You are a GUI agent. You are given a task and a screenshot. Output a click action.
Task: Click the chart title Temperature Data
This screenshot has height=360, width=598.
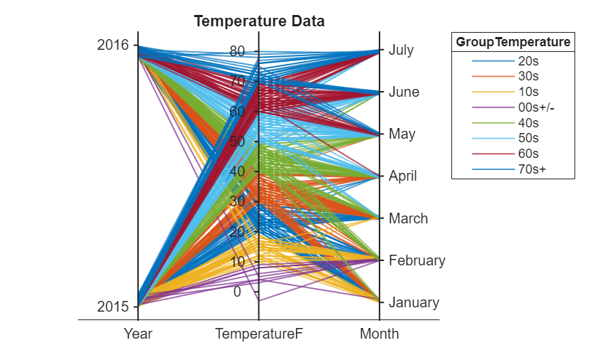259,21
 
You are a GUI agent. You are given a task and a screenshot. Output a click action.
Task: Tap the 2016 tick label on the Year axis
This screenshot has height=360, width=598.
112,45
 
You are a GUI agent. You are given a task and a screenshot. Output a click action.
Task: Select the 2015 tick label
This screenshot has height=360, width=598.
112,307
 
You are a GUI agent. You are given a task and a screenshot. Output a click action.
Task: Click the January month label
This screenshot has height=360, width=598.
414,302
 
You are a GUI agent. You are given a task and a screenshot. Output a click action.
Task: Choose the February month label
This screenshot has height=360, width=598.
416,260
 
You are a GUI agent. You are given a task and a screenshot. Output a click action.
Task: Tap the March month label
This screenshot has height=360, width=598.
408,218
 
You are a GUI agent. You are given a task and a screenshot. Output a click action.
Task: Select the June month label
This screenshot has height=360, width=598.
404,92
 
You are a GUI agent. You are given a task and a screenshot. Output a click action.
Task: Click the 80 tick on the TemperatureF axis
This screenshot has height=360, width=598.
237,51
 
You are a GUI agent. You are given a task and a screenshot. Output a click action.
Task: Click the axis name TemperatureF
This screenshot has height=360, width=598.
258,334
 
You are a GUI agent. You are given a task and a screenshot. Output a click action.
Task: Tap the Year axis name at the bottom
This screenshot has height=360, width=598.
138,334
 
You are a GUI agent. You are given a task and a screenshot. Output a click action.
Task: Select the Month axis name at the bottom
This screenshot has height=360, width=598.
379,334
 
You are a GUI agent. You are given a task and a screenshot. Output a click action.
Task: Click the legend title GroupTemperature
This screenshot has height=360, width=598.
513,42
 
